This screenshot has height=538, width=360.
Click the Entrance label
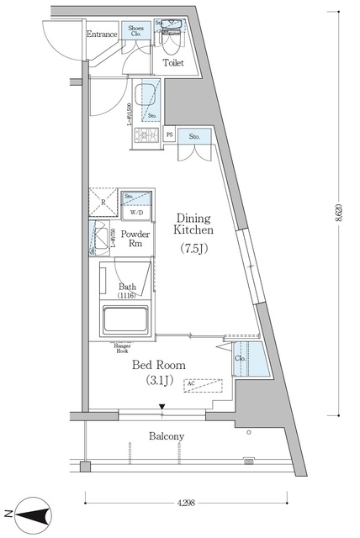click(102, 34)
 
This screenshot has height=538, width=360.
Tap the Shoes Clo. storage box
click(136, 32)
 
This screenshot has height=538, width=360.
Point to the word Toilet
click(174, 62)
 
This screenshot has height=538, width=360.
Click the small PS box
click(170, 135)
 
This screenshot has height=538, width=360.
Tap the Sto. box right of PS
click(194, 135)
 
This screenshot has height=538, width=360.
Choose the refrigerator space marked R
click(103, 203)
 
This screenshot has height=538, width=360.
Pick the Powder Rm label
click(135, 239)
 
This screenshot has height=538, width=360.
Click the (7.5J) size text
click(194, 249)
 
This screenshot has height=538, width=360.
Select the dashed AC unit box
click(202, 386)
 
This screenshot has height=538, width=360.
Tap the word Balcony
click(167, 436)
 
